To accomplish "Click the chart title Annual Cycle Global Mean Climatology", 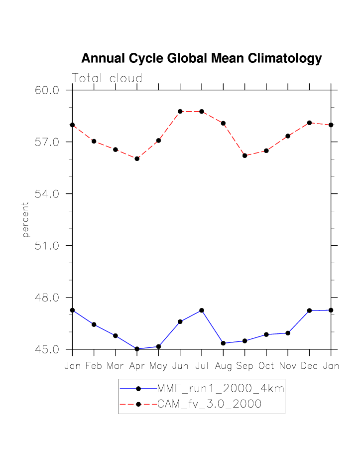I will coord(201,59).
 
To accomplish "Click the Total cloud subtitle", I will coord(107,78).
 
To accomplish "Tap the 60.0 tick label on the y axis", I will coord(47,90).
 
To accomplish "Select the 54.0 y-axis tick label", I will coord(47,194).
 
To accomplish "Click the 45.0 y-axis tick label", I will coord(47,349).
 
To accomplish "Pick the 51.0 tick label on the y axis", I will coord(47,246).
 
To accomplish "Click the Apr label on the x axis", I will coord(137,366).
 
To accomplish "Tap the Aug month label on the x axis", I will coord(223,366).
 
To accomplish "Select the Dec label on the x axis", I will coord(309,366).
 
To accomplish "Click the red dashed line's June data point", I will coord(180,112).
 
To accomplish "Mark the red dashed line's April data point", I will coord(137,158).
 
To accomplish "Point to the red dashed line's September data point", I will coord(244,155).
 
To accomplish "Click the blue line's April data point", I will coord(137,349).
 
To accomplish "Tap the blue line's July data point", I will coord(202,311).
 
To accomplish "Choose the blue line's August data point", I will coord(223,343).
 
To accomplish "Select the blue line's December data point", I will coord(309,311).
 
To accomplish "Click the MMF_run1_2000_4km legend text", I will coord(221,389).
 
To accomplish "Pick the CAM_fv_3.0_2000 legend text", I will coord(209,404).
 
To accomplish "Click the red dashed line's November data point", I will coord(288,136).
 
